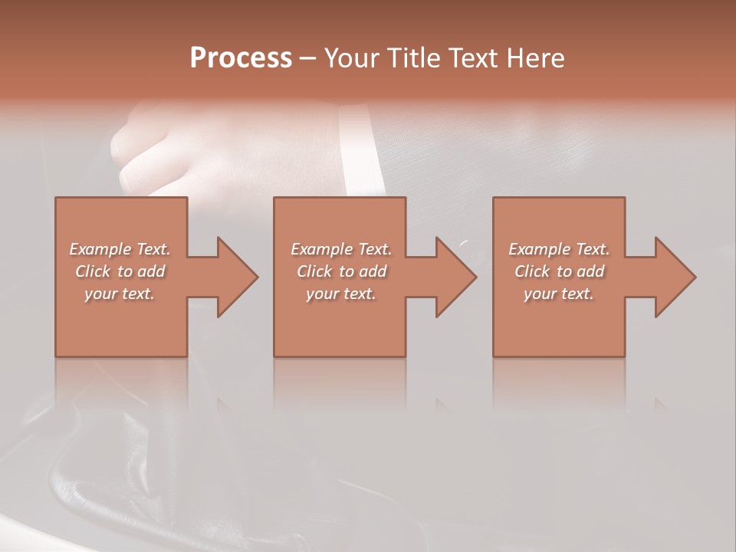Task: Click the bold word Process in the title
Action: [x=241, y=58]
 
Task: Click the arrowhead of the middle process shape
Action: [x=455, y=277]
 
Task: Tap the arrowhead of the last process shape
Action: [x=675, y=277]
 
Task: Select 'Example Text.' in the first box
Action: [x=120, y=249]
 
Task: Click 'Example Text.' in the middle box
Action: [x=341, y=249]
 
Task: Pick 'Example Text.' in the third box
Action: [x=559, y=249]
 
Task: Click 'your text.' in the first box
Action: [x=120, y=294]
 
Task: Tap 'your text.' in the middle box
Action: [x=341, y=294]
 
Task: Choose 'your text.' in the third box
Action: [x=559, y=294]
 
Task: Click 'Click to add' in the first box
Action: [x=120, y=271]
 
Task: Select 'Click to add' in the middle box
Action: [x=341, y=271]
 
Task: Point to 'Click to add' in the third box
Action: [x=559, y=271]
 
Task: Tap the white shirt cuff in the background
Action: [x=356, y=149]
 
